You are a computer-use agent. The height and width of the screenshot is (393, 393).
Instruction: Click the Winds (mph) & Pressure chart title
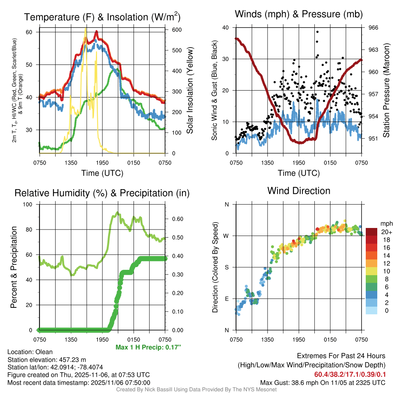pos(299,15)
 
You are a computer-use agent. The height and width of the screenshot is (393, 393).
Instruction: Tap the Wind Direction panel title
pos(299,190)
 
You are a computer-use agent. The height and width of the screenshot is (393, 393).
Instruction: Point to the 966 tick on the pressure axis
pos(373,28)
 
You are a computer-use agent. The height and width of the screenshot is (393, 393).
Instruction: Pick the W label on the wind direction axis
pos(226,236)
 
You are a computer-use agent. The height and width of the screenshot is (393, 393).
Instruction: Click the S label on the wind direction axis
pos(226,267)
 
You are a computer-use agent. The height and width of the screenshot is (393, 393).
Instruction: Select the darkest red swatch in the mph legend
pos(372,232)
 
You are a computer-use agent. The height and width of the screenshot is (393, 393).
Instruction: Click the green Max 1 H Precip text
pos(148,347)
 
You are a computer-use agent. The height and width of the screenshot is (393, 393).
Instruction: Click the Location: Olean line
pos(30,352)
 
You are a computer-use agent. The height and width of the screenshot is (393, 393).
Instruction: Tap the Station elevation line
pos(46,360)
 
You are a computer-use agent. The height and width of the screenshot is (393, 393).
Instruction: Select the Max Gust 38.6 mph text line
pos(323,382)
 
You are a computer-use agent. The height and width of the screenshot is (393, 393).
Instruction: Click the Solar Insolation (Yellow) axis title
pos(190,91)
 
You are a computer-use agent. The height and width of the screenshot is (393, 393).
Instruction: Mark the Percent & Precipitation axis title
pos(13,267)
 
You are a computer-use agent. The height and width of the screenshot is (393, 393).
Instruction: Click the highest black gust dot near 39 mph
pos(317,32)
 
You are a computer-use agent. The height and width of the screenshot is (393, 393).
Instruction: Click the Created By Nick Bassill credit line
pos(196,390)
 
